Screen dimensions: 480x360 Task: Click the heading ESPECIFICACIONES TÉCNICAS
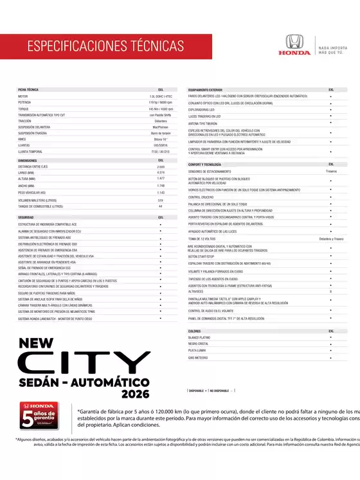click(105, 46)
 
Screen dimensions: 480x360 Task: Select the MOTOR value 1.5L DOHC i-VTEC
click(161, 96)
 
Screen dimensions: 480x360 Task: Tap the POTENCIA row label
click(24, 102)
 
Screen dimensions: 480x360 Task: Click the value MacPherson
click(161, 127)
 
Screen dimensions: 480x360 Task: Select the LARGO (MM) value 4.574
click(161, 173)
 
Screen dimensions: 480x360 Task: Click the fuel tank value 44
click(161, 206)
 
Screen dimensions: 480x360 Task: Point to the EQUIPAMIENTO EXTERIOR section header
click(205, 90)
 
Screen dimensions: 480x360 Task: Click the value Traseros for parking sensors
click(331, 172)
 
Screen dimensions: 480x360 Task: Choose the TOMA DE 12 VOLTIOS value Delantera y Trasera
click(331, 238)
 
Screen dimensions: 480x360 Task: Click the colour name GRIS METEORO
click(199, 358)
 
